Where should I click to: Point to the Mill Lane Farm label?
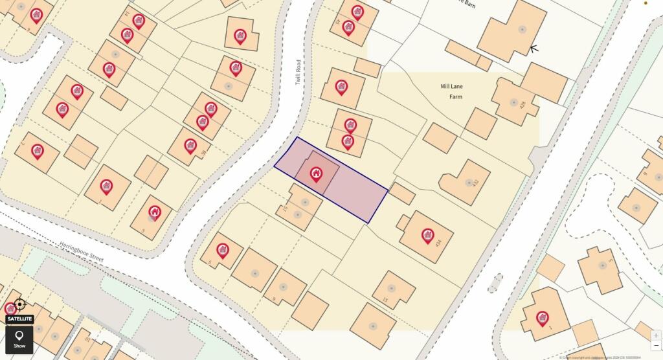451,91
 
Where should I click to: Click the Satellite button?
19,319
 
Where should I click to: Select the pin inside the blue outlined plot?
316,174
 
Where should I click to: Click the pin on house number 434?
427,235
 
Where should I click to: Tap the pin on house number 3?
155,212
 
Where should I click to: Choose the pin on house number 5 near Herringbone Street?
223,251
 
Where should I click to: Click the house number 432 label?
476,183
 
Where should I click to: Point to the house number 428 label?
523,104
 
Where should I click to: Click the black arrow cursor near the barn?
534,49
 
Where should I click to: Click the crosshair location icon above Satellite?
19,304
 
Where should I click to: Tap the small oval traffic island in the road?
495,283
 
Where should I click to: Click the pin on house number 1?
543,318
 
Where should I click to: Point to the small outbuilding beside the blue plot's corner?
403,194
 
